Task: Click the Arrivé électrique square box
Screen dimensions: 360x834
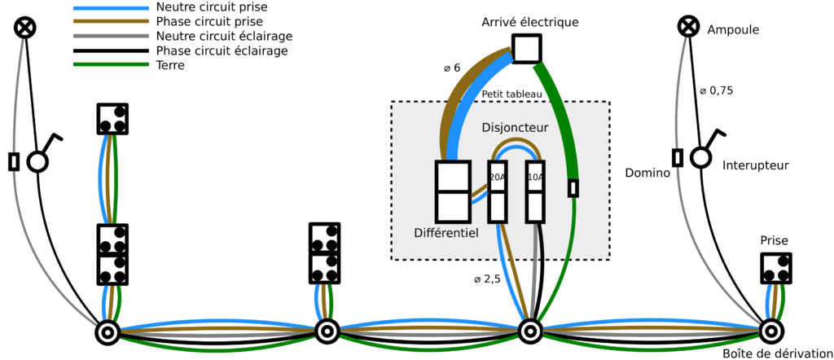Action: [526, 49]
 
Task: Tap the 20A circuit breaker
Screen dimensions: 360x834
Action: [497, 191]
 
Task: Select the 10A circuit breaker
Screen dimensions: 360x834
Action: [535, 191]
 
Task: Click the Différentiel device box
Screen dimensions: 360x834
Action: [453, 191]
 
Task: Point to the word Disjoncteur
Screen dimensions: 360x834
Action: [515, 128]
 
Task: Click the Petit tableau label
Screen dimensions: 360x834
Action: [511, 94]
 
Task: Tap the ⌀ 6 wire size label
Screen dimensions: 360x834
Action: [452, 68]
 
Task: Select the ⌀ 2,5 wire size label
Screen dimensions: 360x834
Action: [487, 279]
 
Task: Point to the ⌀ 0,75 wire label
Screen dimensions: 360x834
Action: [717, 90]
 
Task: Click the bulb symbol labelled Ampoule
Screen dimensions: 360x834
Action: [689, 27]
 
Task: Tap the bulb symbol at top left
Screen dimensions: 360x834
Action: [26, 28]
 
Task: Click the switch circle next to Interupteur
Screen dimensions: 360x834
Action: [700, 157]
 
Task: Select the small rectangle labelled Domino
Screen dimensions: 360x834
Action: [678, 157]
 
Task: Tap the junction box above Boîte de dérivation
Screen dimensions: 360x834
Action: [770, 331]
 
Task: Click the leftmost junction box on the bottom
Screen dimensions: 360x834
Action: [108, 332]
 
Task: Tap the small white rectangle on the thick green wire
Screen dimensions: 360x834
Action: [573, 188]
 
